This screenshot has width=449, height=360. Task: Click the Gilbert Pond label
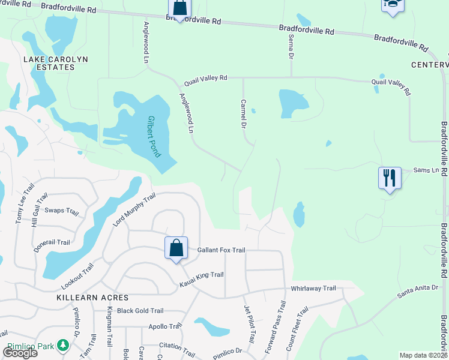[x=153, y=137]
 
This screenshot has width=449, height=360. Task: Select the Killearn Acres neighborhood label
[x=84, y=298]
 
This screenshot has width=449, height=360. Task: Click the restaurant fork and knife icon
[x=389, y=178]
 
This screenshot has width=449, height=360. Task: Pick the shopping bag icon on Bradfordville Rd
[x=179, y=8]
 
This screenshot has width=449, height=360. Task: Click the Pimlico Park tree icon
[x=62, y=346]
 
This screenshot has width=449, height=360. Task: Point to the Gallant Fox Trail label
[x=221, y=250]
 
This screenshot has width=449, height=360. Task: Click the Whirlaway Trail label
[x=313, y=288]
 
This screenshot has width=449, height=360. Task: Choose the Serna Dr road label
[x=291, y=46]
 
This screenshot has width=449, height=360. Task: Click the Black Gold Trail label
[x=140, y=311]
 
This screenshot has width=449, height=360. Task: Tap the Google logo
[x=20, y=352]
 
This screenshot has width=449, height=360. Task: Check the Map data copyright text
[x=424, y=355]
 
